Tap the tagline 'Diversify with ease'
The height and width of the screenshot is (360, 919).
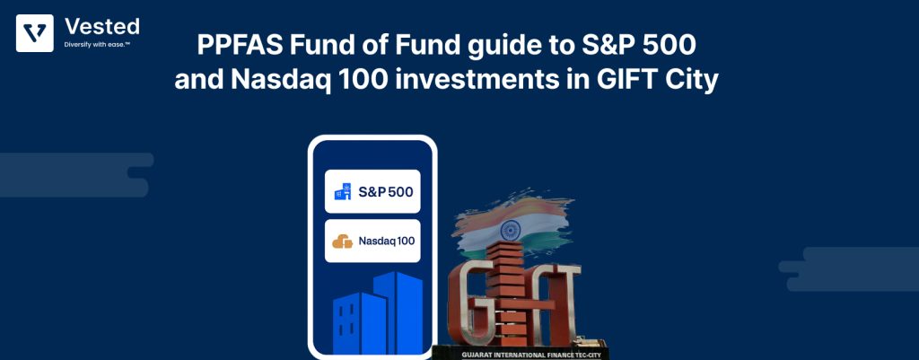[x=97, y=43]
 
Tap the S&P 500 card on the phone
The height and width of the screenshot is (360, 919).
[x=372, y=191]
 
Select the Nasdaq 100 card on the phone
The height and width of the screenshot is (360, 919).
[x=372, y=241]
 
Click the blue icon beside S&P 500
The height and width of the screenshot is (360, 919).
[x=342, y=191]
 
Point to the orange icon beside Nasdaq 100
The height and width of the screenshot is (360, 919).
[x=342, y=241]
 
